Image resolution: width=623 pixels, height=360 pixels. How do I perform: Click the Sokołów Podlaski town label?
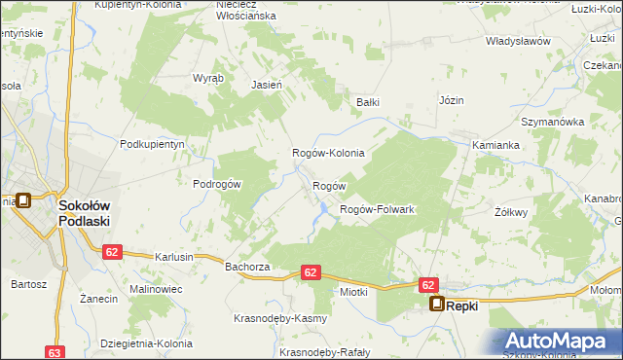(x=84, y=213)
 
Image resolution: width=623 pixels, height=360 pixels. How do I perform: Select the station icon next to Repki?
(x=437, y=305)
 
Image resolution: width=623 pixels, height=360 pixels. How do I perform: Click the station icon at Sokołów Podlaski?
(x=23, y=201)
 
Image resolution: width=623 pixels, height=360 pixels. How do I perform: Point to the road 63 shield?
(x=55, y=352)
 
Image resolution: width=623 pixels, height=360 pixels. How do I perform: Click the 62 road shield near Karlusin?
(x=112, y=252)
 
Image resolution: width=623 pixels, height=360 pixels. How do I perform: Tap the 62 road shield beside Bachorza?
(x=311, y=272)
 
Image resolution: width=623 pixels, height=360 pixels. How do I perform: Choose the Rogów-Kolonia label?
(x=328, y=153)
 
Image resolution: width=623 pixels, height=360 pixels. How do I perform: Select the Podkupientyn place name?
(x=152, y=143)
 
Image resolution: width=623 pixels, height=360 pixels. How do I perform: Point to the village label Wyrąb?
(x=208, y=77)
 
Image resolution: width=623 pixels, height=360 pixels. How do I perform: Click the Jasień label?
(x=267, y=85)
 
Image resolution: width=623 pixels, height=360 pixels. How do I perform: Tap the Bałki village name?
(x=367, y=101)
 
